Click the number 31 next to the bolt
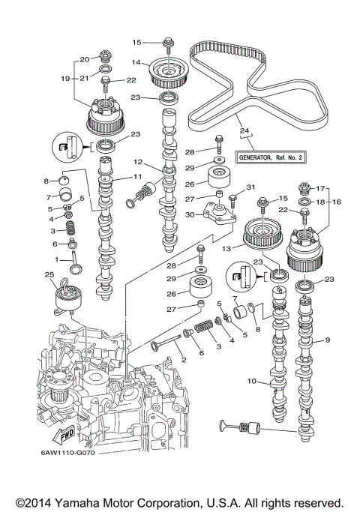[x=251, y=187]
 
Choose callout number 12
[x=138, y=162]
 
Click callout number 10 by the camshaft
[x=254, y=381]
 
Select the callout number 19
[x=65, y=77]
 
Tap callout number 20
[x=85, y=58]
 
